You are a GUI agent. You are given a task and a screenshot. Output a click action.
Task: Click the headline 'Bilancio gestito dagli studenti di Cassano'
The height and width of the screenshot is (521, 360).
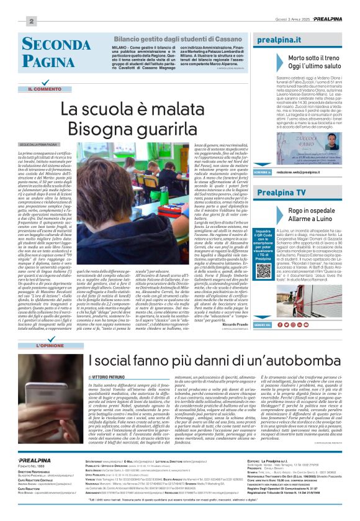pos(171,39)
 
